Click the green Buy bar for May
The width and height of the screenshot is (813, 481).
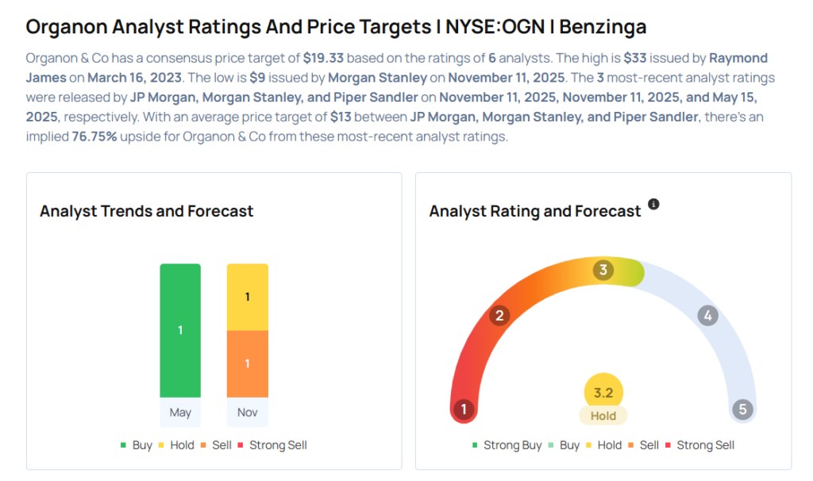(x=180, y=330)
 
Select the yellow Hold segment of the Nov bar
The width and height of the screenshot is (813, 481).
(x=248, y=297)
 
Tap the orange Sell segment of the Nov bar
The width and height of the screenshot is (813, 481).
(x=248, y=364)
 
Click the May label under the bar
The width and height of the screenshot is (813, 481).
(x=180, y=413)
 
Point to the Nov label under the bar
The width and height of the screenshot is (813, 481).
(x=248, y=413)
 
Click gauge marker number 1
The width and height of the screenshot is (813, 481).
(x=463, y=410)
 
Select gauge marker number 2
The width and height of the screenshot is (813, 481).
(x=499, y=316)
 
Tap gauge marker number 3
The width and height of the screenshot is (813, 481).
(x=603, y=270)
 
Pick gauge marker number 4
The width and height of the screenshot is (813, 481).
(x=707, y=316)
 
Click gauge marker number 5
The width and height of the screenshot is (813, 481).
(x=743, y=410)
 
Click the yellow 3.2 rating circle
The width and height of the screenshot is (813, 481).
(x=603, y=392)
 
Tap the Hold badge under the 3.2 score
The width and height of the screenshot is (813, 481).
(x=603, y=415)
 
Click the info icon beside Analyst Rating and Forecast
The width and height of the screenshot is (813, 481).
(x=653, y=204)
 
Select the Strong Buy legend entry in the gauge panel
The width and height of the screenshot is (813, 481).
(x=507, y=445)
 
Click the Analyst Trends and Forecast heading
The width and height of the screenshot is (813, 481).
(x=147, y=211)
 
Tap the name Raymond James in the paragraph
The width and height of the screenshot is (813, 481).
(x=739, y=60)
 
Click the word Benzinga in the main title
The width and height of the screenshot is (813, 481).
(x=603, y=27)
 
